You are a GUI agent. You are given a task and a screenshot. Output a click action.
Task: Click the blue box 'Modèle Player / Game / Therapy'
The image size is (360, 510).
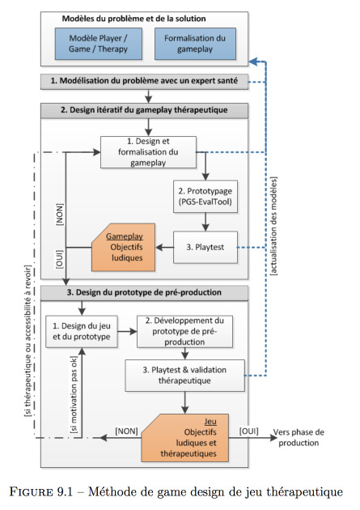click(99, 44)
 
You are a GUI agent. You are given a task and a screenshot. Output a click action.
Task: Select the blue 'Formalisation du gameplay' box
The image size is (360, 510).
click(195, 44)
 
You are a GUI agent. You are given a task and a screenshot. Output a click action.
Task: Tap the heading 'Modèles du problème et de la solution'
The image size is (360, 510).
click(133, 19)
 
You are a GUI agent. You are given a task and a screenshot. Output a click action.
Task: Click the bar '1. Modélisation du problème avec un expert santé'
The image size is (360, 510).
click(144, 81)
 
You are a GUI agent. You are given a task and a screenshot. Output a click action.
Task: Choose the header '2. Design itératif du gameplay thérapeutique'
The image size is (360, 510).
click(144, 110)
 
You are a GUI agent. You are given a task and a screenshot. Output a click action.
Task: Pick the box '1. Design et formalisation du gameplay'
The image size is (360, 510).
click(148, 152)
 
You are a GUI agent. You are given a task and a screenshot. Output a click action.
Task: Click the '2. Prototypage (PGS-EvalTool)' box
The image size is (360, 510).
click(205, 197)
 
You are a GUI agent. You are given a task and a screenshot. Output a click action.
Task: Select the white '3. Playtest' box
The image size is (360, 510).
click(205, 247)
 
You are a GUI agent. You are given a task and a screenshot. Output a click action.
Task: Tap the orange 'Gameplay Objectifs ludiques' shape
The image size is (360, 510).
click(123, 247)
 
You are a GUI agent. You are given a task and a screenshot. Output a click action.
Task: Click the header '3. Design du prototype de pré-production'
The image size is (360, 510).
click(144, 293)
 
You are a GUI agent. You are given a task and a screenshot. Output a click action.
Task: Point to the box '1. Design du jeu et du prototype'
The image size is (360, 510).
click(81, 331)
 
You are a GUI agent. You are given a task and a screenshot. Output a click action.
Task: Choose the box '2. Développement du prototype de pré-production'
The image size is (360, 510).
click(184, 331)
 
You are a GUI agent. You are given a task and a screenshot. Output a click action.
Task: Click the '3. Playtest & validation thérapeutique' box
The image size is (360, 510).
click(184, 376)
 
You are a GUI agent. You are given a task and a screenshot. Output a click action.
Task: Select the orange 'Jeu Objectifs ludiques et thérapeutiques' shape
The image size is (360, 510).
click(185, 438)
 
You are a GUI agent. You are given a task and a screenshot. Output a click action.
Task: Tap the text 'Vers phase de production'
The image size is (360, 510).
click(299, 437)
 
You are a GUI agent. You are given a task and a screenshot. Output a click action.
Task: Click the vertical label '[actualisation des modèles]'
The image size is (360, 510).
click(273, 226)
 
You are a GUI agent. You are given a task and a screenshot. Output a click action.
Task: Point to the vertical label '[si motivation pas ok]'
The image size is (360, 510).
click(74, 394)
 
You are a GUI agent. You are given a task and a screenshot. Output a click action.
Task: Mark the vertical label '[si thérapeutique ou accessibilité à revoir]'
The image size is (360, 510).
click(28, 341)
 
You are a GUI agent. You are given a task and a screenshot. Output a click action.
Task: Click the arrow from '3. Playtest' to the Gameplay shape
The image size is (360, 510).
click(164, 248)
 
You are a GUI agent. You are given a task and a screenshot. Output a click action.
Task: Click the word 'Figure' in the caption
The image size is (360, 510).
click(31, 491)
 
